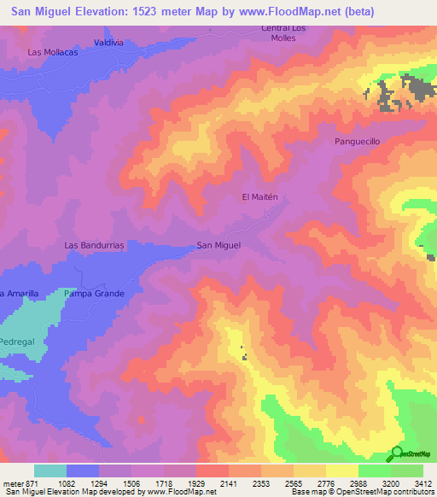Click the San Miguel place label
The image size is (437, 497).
[218, 245]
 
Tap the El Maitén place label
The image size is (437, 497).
[260, 196]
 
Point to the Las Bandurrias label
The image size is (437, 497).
[95, 245]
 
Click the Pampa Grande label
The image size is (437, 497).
[94, 294]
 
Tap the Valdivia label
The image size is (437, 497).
[109, 42]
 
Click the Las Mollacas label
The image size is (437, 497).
[53, 52]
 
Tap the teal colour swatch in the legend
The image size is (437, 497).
[50, 471]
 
